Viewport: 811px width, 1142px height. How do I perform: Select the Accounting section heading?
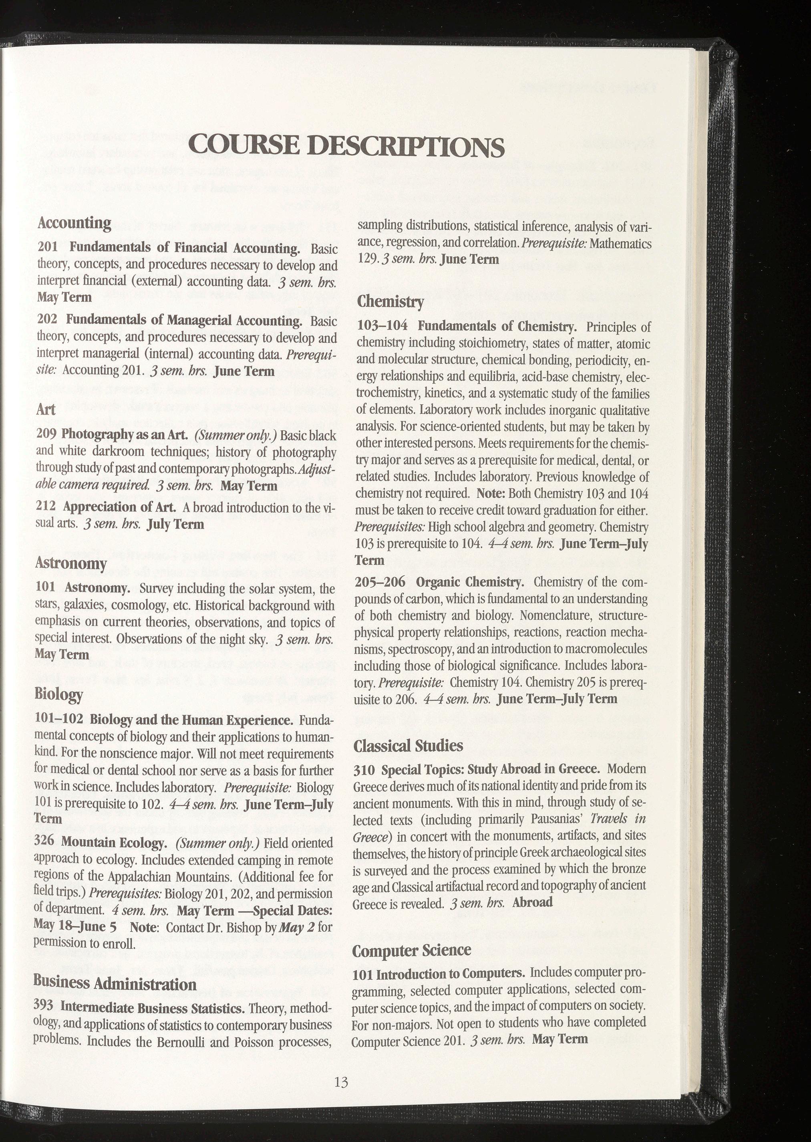point(74,223)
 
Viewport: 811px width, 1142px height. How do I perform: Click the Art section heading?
point(46,410)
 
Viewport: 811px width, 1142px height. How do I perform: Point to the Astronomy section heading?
point(70,563)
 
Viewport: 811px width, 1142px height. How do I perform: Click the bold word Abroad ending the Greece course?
point(532,903)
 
